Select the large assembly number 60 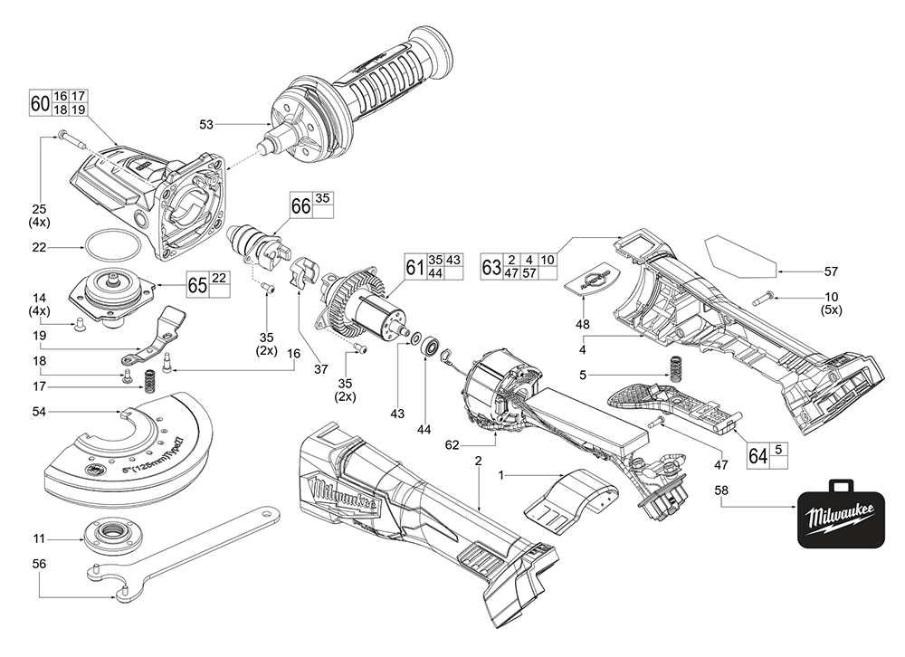pyautogui.click(x=39, y=102)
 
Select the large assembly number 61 pyautogui.click(x=414, y=268)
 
